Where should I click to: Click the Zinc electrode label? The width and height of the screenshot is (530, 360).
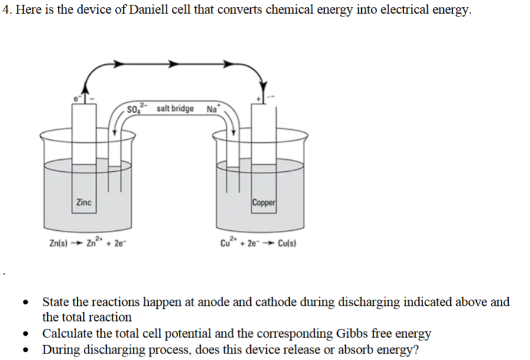coord(83,202)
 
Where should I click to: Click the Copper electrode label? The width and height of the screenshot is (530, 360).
coord(263,202)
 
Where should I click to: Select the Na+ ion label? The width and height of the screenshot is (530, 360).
coord(212,109)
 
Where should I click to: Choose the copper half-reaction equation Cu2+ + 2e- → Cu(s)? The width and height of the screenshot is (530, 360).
coord(258,243)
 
